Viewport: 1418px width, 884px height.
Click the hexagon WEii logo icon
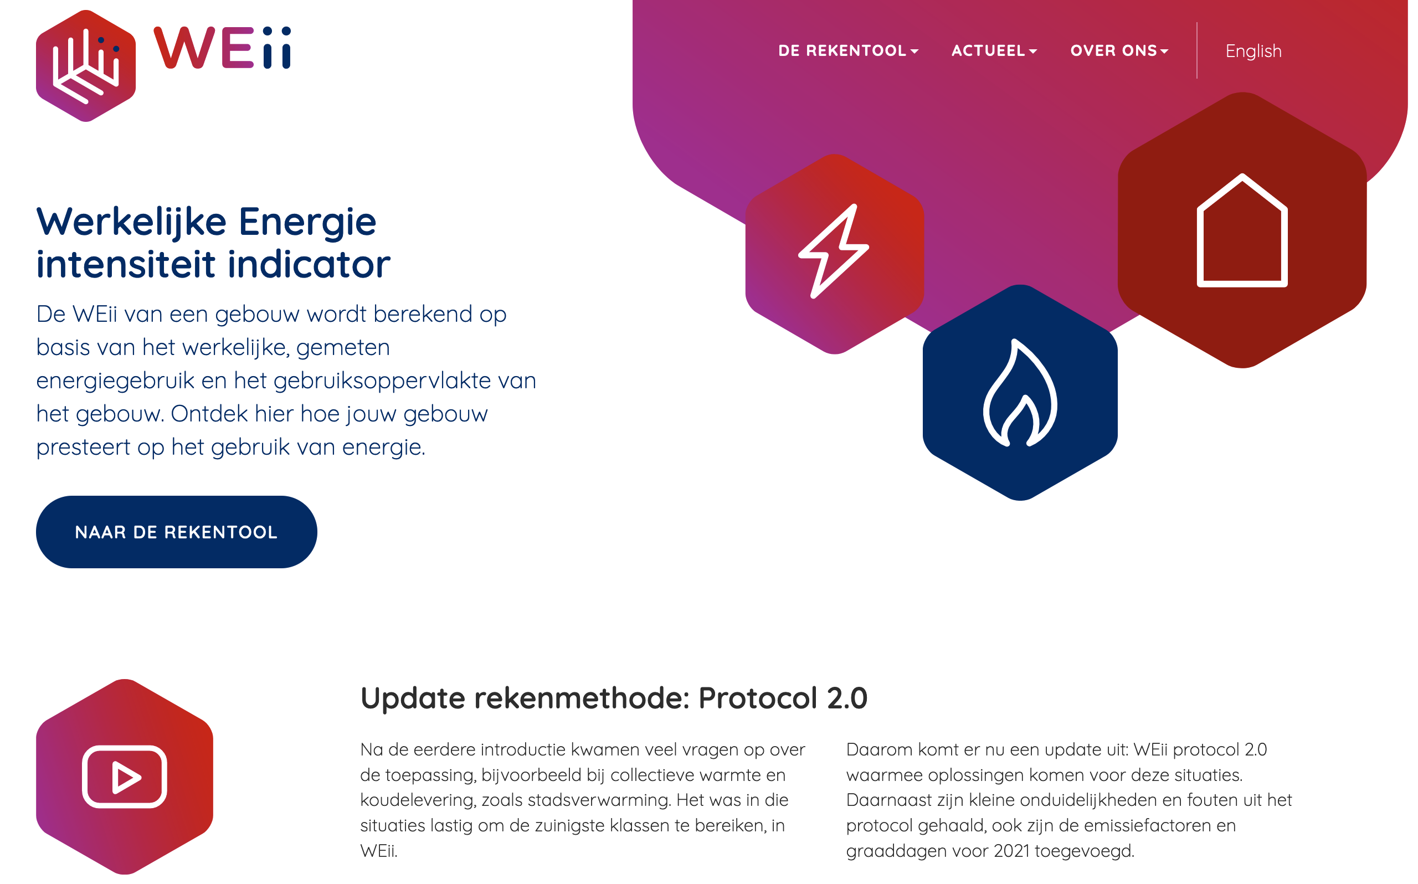(x=86, y=65)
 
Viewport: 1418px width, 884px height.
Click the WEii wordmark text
(x=222, y=48)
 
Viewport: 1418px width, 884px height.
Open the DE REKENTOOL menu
(x=848, y=51)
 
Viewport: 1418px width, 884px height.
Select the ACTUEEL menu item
(x=994, y=51)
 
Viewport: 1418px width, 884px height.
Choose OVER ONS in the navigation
(x=1119, y=51)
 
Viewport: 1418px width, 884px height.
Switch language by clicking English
(x=1253, y=52)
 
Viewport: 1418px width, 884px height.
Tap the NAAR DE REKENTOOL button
(x=177, y=532)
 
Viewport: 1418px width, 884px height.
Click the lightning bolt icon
(x=834, y=251)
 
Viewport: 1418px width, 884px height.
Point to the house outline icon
(x=1242, y=230)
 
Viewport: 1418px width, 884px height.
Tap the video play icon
(x=125, y=777)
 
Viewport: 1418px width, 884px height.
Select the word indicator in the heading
(x=309, y=264)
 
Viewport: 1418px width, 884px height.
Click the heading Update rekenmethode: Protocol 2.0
(x=614, y=698)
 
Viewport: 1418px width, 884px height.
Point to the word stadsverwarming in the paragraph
(x=599, y=800)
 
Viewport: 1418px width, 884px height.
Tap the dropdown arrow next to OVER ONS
(x=1164, y=52)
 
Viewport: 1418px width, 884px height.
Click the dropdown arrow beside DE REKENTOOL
(x=914, y=52)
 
